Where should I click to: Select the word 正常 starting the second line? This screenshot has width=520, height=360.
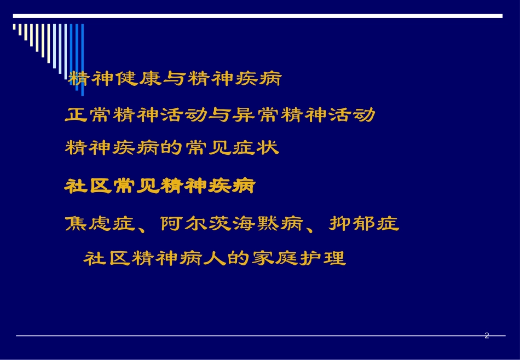tap(89, 114)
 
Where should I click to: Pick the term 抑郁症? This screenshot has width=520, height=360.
tap(364, 224)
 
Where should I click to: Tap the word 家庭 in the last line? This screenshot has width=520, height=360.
tap(275, 258)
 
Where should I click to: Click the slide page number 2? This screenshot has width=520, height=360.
tap(487, 336)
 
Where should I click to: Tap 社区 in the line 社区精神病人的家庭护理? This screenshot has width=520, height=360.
tap(107, 258)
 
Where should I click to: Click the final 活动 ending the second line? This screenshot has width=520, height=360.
tap(352, 114)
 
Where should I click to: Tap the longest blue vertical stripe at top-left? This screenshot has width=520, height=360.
tap(82, 52)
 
